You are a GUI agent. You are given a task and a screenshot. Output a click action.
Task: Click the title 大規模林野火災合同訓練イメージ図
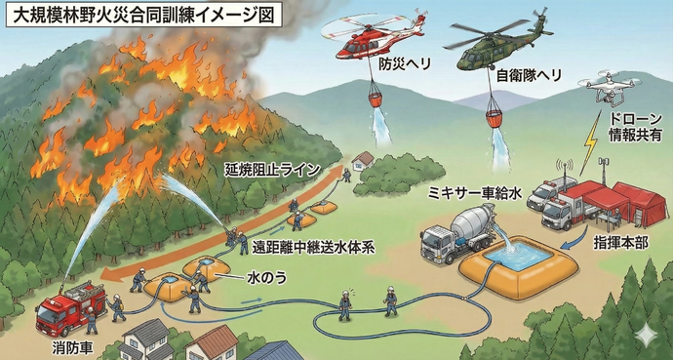pos(143,17)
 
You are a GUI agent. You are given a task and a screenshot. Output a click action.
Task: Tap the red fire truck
pos(70,307)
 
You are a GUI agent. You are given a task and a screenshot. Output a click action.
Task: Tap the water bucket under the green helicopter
pos(497,117)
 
